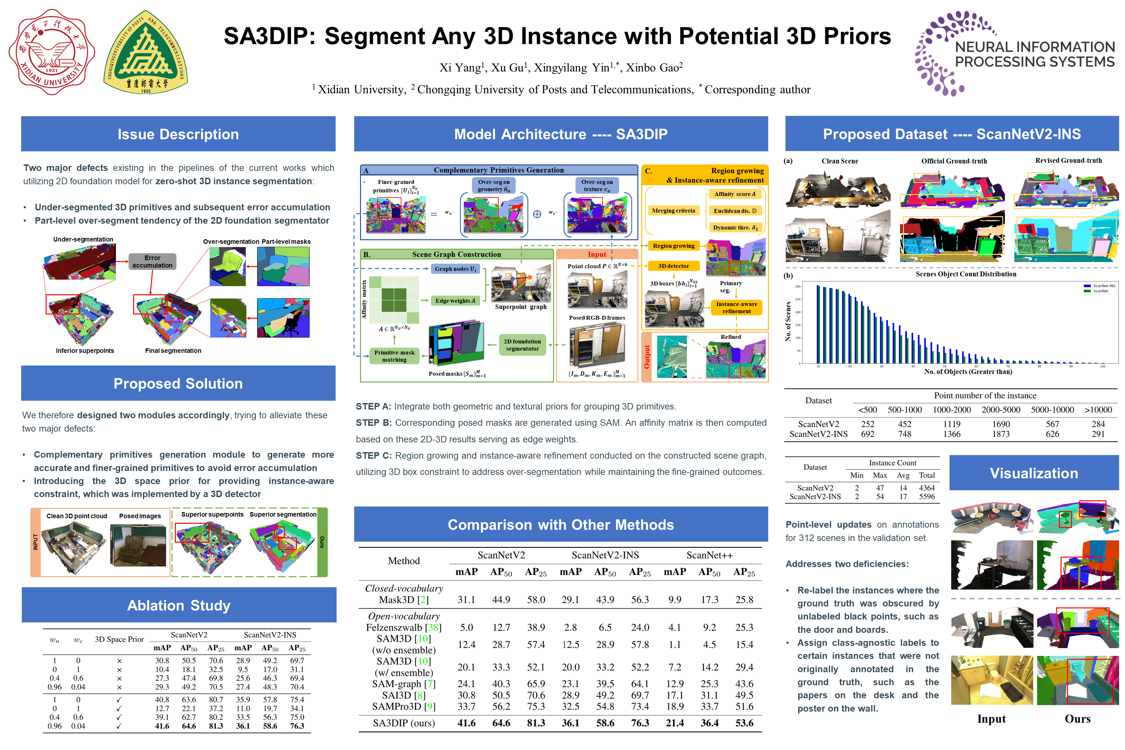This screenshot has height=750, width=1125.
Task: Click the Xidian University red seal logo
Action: (x=52, y=52)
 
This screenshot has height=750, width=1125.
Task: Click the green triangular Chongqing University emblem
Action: (x=146, y=52)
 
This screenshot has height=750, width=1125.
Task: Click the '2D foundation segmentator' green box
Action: (x=522, y=345)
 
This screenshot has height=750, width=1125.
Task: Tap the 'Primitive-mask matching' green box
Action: (x=394, y=356)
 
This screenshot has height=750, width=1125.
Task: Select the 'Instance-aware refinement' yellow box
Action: (x=736, y=308)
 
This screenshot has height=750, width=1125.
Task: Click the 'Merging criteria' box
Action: (x=673, y=211)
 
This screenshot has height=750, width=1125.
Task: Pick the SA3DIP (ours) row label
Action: (x=404, y=723)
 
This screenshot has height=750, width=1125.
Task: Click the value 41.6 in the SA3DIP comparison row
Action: (x=466, y=723)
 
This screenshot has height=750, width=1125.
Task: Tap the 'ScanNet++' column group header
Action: (x=709, y=555)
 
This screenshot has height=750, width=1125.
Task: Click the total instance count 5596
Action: (x=926, y=496)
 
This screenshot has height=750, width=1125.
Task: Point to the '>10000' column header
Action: (x=1098, y=410)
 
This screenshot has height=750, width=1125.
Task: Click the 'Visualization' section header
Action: (x=1034, y=473)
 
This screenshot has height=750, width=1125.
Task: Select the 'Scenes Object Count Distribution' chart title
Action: (x=966, y=274)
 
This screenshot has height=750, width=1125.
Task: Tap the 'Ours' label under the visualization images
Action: (x=1077, y=719)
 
